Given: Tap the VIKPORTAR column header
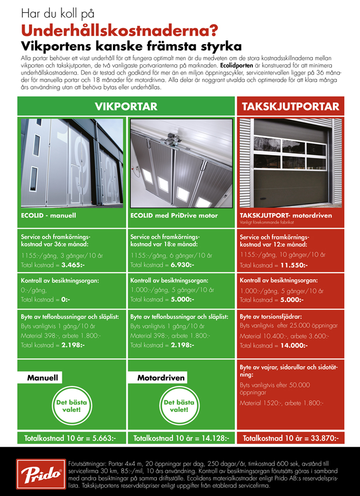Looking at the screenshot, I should click(125, 106).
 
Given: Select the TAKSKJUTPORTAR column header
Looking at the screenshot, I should click(290, 106).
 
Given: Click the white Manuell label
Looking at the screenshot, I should click(43, 377).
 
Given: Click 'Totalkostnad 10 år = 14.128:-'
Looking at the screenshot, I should click(181, 438).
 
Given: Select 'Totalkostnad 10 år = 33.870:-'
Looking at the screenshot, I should click(290, 438).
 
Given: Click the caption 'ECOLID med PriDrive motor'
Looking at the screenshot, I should click(174, 216).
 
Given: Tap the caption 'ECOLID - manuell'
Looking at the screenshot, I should click(48, 216).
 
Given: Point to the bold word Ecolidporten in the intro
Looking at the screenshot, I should click(236, 64).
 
